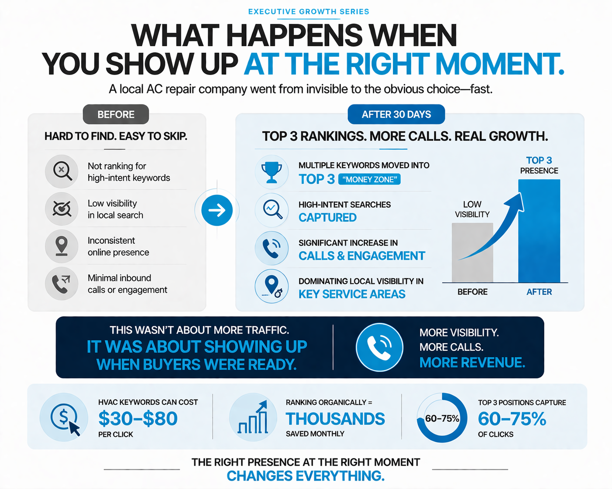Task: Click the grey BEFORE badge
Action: pyautogui.click(x=116, y=114)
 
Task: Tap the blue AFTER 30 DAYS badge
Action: pyautogui.click(x=396, y=114)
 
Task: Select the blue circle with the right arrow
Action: pyautogui.click(x=217, y=210)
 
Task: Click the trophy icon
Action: pyautogui.click(x=272, y=172)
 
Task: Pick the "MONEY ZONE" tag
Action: pyautogui.click(x=369, y=179)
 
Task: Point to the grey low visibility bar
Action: pyautogui.click(x=472, y=253)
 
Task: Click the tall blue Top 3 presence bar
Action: pyautogui.click(x=539, y=231)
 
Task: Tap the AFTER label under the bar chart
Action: pyautogui.click(x=539, y=292)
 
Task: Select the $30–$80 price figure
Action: pyautogui.click(x=138, y=419)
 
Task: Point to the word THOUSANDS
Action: pyautogui.click(x=335, y=419)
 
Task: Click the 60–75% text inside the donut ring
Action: pyautogui.click(x=442, y=419)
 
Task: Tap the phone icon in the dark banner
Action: pyautogui.click(x=379, y=347)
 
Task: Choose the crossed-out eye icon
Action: pyautogui.click(x=62, y=209)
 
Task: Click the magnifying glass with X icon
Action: pyautogui.click(x=62, y=171)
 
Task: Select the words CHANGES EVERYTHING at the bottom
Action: pyautogui.click(x=306, y=476)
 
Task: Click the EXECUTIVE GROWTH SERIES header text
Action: pyautogui.click(x=309, y=12)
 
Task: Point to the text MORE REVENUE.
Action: pyautogui.click(x=472, y=362)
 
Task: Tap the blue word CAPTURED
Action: pyautogui.click(x=327, y=217)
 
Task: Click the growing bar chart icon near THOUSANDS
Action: pyautogui.click(x=253, y=418)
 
